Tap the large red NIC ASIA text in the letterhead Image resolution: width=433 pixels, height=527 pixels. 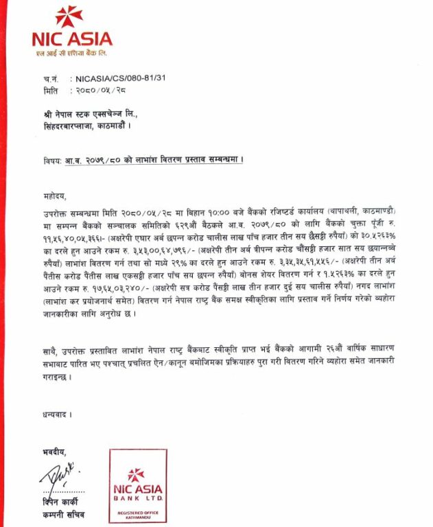72,38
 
